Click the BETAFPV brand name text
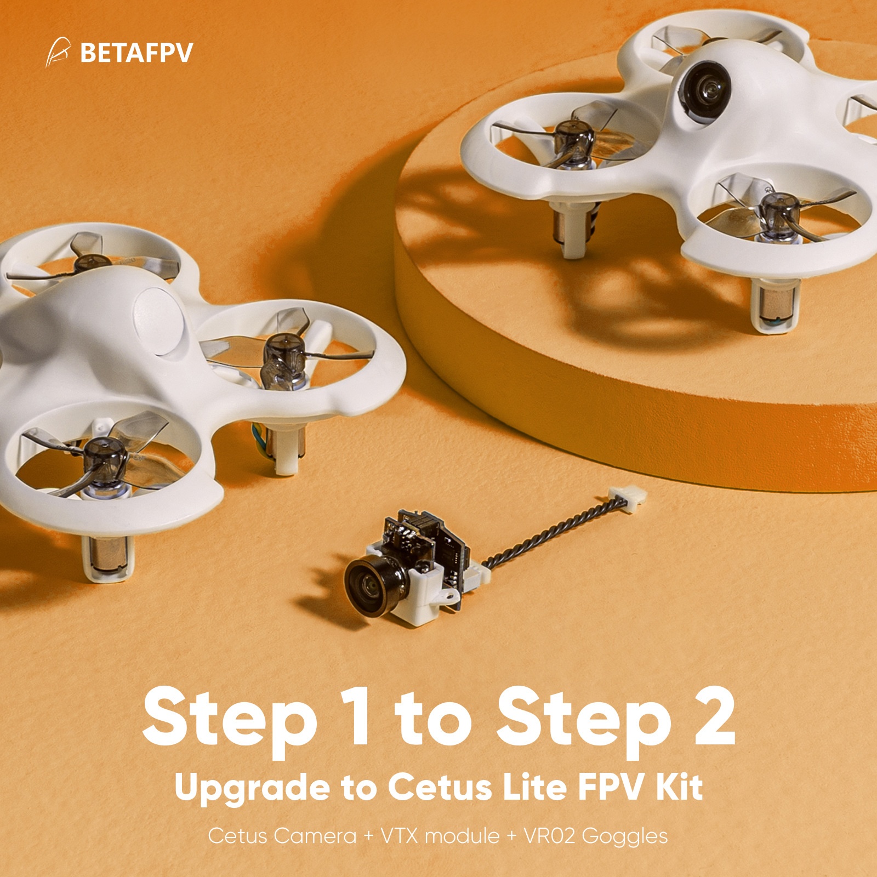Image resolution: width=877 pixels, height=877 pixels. [x=136, y=53]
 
